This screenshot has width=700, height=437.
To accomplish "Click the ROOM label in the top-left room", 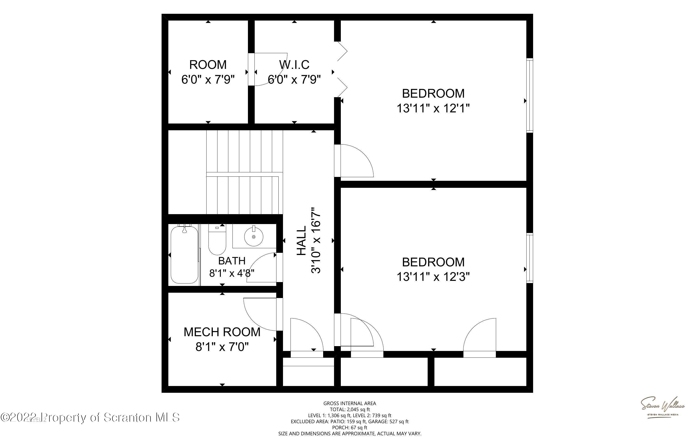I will [208, 65].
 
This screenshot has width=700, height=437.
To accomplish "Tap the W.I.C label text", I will [294, 65].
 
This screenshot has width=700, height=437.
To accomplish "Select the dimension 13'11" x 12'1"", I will [433, 108].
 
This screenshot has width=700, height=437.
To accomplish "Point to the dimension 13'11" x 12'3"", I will [433, 277].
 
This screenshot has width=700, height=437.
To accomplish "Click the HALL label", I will [302, 240].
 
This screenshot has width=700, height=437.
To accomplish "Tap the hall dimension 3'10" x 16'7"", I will [316, 240].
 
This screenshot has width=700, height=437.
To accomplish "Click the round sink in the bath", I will [253, 236].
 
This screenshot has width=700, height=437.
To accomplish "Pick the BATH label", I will [231, 261].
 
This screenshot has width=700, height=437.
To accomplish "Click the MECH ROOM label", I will [222, 332].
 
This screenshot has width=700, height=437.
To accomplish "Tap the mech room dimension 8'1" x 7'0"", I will [222, 347].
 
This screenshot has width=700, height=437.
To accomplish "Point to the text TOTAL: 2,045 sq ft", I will [350, 409].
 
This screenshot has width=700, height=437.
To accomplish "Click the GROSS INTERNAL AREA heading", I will [350, 403].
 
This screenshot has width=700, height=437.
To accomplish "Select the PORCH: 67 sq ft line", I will [350, 428].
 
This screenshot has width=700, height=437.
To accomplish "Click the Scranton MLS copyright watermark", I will [90, 418].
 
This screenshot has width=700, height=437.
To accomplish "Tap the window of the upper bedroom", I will [529, 95].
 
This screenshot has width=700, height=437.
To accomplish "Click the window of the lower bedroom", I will [529, 258].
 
